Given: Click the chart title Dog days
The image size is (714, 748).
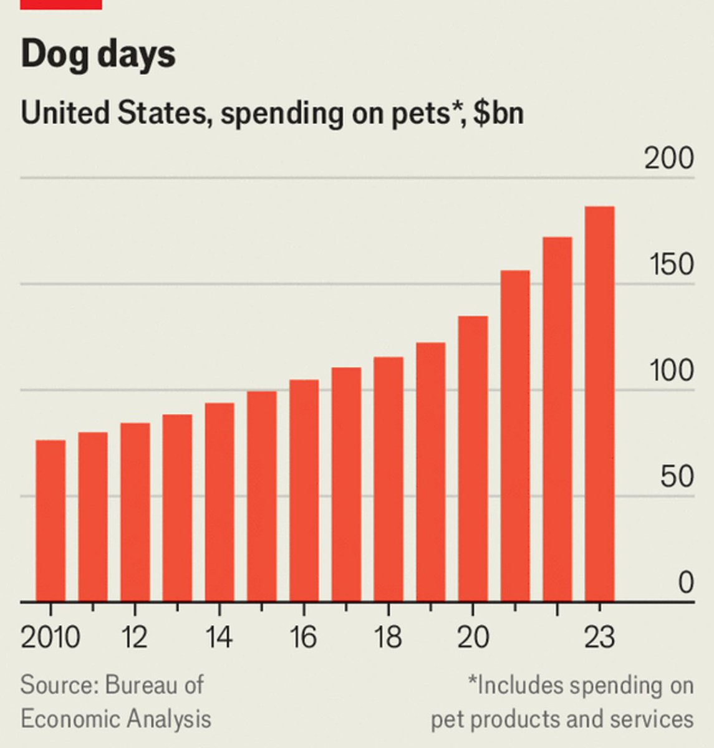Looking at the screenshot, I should click(98, 54).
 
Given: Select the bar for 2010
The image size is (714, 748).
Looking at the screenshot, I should click(51, 520).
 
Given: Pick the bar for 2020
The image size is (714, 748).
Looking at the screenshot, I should click(473, 459).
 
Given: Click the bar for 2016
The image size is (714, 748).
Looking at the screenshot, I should click(304, 491).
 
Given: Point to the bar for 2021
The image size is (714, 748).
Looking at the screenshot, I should click(515, 436).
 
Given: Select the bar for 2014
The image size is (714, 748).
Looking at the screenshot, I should click(220, 502).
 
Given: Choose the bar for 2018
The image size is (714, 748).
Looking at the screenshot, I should click(388, 479).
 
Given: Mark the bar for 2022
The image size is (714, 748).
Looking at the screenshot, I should click(557, 419).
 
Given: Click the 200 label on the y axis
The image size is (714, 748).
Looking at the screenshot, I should click(668, 159).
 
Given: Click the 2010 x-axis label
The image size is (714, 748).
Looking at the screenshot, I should click(51, 637).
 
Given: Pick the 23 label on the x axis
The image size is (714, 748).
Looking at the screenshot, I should click(599, 637).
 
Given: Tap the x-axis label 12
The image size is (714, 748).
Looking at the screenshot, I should click(135, 637).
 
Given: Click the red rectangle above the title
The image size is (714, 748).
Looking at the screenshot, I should click(61, 4).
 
